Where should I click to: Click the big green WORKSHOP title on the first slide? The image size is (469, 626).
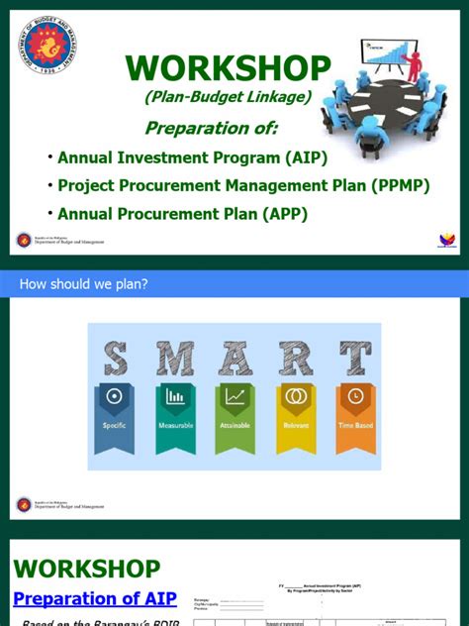(228, 68)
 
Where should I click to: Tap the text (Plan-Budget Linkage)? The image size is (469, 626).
(228, 96)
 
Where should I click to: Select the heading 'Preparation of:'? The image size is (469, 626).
(211, 128)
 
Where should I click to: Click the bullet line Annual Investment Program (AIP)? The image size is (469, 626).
(192, 157)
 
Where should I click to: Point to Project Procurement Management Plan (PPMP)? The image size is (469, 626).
(243, 186)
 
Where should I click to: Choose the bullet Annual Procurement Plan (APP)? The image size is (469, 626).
(182, 213)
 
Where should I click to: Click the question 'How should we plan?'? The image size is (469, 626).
(83, 285)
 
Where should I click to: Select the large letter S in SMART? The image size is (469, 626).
(115, 359)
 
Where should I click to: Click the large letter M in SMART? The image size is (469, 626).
(175, 359)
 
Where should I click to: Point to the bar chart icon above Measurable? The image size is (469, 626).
(175, 397)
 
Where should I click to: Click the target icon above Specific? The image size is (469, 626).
(115, 397)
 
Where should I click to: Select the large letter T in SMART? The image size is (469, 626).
(355, 359)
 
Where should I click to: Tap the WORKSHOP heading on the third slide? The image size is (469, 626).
(86, 569)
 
